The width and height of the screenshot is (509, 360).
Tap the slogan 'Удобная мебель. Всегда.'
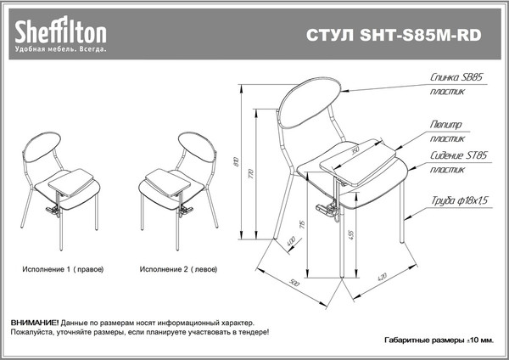59,50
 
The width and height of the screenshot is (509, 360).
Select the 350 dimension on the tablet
355,150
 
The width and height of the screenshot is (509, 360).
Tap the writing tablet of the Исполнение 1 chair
69,178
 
